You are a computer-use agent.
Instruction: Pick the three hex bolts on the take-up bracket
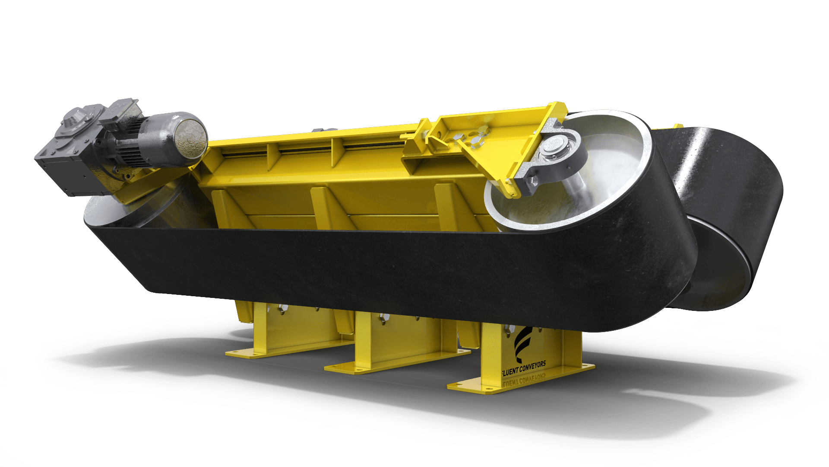click(471, 138)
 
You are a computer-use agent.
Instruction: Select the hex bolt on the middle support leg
click(383, 319)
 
